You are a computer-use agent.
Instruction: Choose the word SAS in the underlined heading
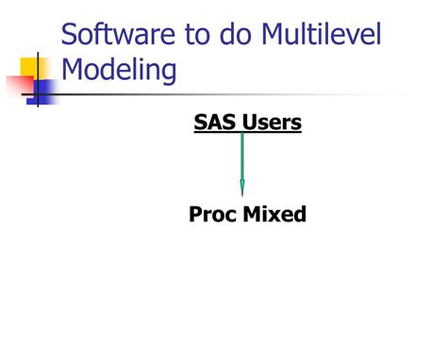pos(211,122)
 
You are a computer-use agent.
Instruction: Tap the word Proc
pos(213,215)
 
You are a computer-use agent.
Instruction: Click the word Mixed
pos(275,215)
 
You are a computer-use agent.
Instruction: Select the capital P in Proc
pos(196,215)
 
